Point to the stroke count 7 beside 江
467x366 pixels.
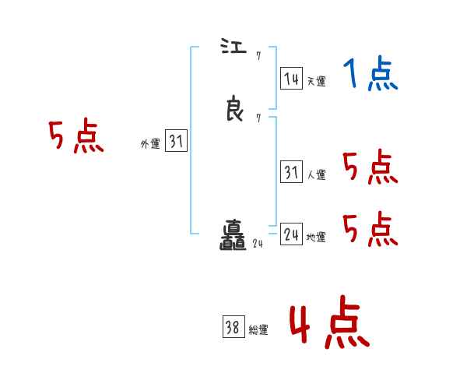[258, 55]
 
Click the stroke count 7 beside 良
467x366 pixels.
[258, 118]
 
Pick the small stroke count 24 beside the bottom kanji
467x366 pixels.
[258, 244]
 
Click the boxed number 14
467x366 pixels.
[291, 79]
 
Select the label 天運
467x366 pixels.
[316, 80]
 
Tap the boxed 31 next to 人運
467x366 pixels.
[291, 173]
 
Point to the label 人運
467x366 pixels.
[316, 175]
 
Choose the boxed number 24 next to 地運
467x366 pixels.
[291, 234]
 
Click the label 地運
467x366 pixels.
[316, 238]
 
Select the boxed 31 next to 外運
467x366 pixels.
[176, 142]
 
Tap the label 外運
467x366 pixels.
[150, 144]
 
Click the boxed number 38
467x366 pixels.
[233, 328]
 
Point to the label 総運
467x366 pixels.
[258, 330]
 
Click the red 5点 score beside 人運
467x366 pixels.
[370, 167]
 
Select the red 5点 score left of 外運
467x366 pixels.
[75, 138]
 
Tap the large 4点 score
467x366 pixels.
[329, 323]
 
